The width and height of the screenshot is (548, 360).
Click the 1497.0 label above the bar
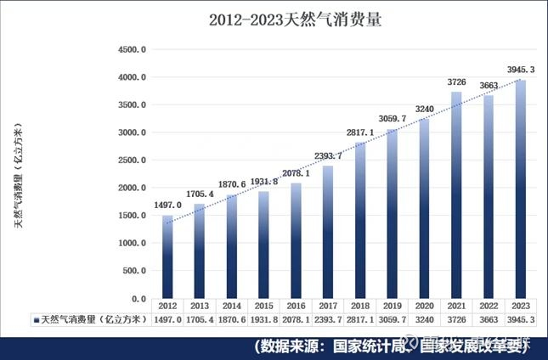pyautogui.click(x=167, y=205)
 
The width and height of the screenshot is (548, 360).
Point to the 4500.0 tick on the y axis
pyautogui.click(x=133, y=49)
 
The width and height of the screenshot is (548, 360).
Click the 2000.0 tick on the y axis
pyautogui.click(x=133, y=188)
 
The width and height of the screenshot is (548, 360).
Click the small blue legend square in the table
pyautogui.click(x=36, y=320)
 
